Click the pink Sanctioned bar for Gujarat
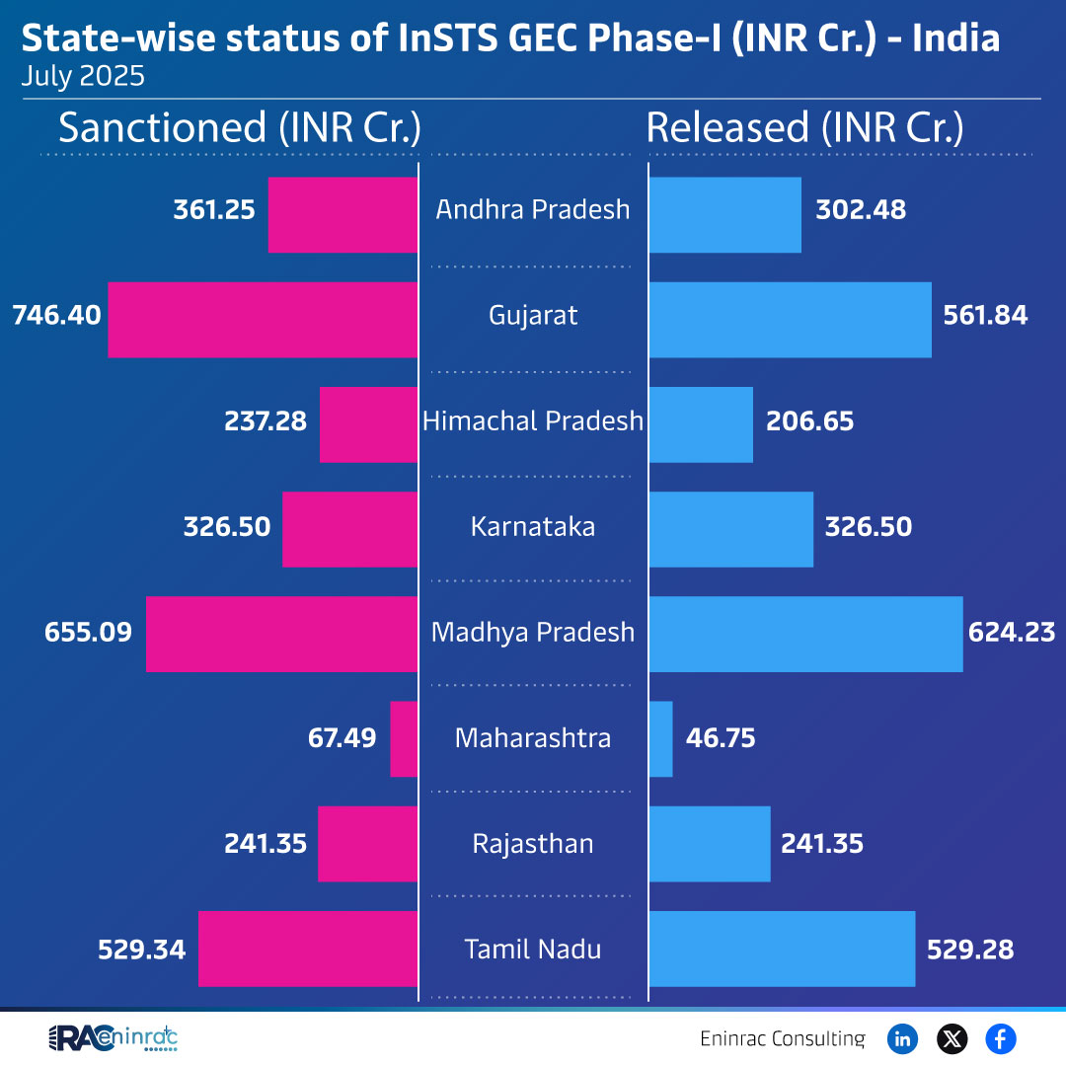coord(263,320)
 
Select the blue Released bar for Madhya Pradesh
coord(805,634)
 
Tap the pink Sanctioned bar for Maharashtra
coord(404,738)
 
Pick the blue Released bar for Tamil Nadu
coord(782,949)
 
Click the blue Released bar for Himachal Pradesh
coord(701,424)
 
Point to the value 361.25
coord(214,209)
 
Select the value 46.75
coord(720,738)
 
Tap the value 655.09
coord(88,632)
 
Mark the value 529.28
coord(970,949)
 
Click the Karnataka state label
coord(533,526)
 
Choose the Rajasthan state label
coord(533,844)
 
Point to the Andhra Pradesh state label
coord(533,209)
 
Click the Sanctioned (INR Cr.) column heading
coord(240,128)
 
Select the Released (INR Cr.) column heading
coord(804,128)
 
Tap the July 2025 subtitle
coord(83,77)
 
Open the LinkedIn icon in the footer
coord(902,1038)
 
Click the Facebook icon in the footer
coord(1001,1038)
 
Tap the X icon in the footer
coord(952,1038)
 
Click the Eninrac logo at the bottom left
coord(113,1038)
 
